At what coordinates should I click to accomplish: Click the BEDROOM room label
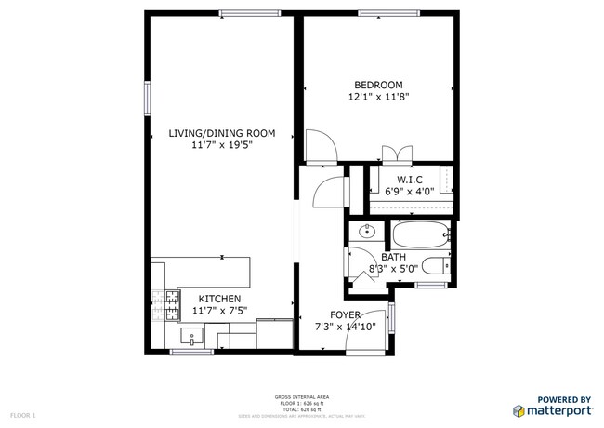[378, 85]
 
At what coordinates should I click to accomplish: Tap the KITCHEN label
[218, 299]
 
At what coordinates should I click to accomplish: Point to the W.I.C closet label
[410, 179]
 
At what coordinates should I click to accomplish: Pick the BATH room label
[393, 256]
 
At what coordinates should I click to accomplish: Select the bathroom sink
[364, 230]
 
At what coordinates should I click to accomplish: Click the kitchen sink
[197, 336]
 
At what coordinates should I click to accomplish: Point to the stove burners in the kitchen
[171, 301]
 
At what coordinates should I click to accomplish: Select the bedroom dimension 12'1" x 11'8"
[378, 97]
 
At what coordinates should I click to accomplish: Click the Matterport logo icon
[518, 410]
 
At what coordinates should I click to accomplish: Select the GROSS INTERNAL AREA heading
[301, 397]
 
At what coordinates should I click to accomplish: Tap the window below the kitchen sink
[192, 353]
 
